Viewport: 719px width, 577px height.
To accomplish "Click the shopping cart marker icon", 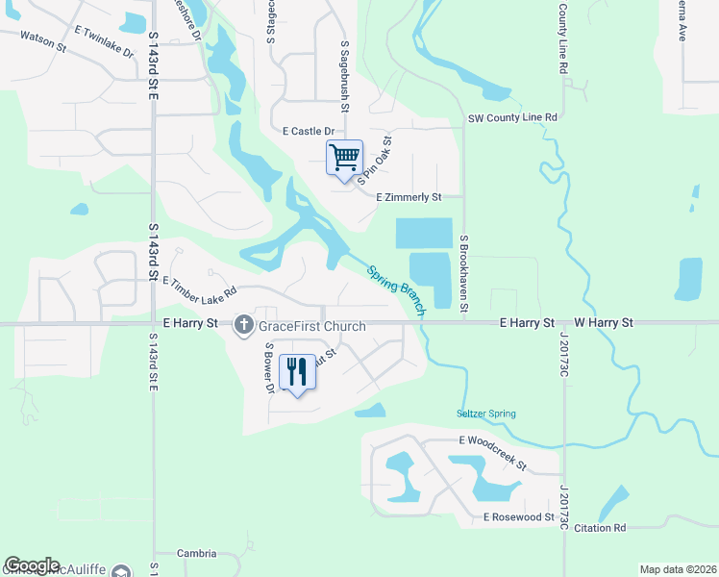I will (344, 157).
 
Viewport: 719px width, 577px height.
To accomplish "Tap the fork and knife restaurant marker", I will (297, 370).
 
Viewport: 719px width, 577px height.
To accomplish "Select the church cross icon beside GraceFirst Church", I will (244, 325).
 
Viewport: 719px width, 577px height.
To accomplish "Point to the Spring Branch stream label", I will (395, 288).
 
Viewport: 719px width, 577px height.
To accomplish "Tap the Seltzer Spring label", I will (486, 414).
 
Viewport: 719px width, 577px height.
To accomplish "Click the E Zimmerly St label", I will (408, 197).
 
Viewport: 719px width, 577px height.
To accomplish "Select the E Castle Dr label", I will (308, 131).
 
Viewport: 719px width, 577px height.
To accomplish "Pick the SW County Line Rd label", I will (512, 117).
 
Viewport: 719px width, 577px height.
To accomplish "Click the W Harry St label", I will (604, 322).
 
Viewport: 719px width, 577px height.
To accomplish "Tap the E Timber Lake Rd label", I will (200, 287).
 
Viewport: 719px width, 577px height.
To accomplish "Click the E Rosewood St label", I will (519, 517).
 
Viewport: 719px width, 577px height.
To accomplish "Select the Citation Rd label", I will (600, 527).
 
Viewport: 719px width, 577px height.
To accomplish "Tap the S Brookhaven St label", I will (464, 273).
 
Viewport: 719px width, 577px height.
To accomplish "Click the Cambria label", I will (197, 554).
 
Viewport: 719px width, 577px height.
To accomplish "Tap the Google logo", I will (32, 565).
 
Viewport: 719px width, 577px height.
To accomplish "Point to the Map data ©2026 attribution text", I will (678, 569).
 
